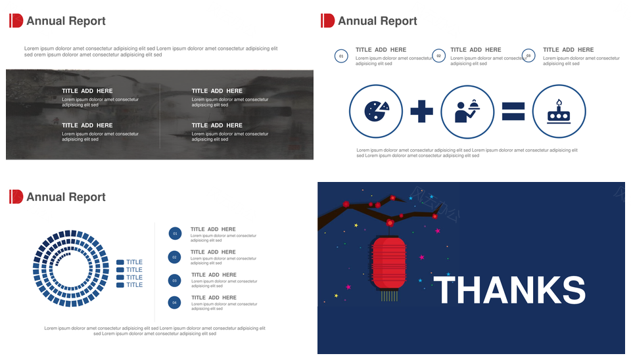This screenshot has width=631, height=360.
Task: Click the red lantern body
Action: (x=388, y=262)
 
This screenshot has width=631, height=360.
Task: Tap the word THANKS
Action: (x=509, y=290)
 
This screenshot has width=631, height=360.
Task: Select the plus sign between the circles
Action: (x=422, y=111)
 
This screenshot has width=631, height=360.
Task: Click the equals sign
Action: (x=513, y=112)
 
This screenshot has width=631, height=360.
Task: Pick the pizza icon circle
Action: (x=376, y=112)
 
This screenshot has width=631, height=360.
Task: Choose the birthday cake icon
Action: (x=559, y=112)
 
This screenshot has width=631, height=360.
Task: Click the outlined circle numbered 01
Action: (x=341, y=56)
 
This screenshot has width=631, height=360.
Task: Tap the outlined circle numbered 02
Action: (x=438, y=56)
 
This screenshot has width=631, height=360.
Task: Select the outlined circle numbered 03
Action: (x=528, y=56)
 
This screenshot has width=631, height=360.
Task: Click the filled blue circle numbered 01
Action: (x=175, y=233)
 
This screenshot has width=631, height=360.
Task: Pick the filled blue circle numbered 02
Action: (x=174, y=257)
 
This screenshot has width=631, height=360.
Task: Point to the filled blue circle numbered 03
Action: (x=174, y=281)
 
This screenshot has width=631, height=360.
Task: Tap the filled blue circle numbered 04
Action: (x=174, y=302)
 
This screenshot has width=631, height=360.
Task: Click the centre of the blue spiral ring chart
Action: (x=71, y=268)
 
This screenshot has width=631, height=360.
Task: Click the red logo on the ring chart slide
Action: (x=16, y=196)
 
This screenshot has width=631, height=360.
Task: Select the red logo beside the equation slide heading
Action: (x=327, y=20)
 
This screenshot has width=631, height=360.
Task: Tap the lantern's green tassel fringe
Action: (x=389, y=296)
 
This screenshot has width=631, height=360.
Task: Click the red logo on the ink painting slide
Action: (x=16, y=20)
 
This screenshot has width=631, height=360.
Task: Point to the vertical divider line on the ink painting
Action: (x=160, y=116)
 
